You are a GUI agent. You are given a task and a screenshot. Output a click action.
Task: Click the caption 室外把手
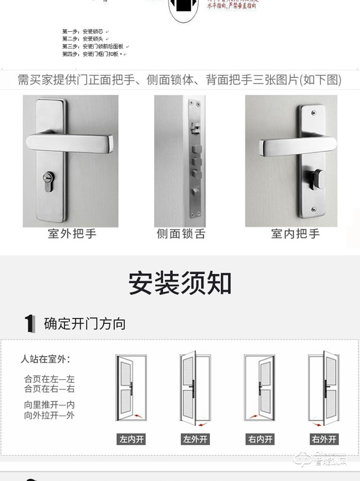click(x=72, y=234)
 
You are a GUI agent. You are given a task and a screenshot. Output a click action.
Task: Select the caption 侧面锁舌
click(x=181, y=234)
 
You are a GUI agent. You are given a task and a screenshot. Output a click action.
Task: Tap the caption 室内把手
click(x=295, y=234)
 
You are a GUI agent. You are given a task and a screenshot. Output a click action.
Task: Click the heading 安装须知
click(x=180, y=284)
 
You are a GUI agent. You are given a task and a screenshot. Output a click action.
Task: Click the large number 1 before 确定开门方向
click(x=30, y=324)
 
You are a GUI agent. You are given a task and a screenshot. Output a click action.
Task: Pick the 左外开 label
click(x=195, y=439)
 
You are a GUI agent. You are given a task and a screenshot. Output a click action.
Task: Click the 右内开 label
click(x=260, y=439)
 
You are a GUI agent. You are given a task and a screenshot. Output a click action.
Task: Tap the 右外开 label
click(x=324, y=439)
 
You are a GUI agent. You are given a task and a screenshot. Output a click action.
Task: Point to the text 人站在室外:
click(x=45, y=359)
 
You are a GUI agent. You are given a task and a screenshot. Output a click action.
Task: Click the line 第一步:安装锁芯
click(x=83, y=31)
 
